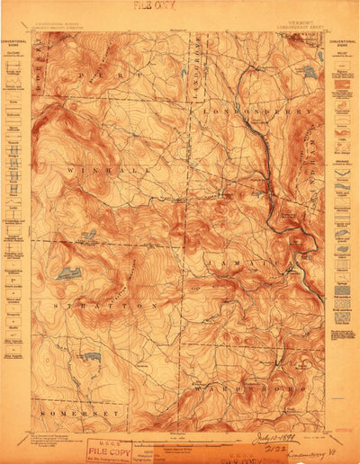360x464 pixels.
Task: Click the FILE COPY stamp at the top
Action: (153, 5)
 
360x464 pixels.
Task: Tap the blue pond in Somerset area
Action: (92, 357)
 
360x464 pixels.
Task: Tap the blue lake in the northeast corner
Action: (309, 71)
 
